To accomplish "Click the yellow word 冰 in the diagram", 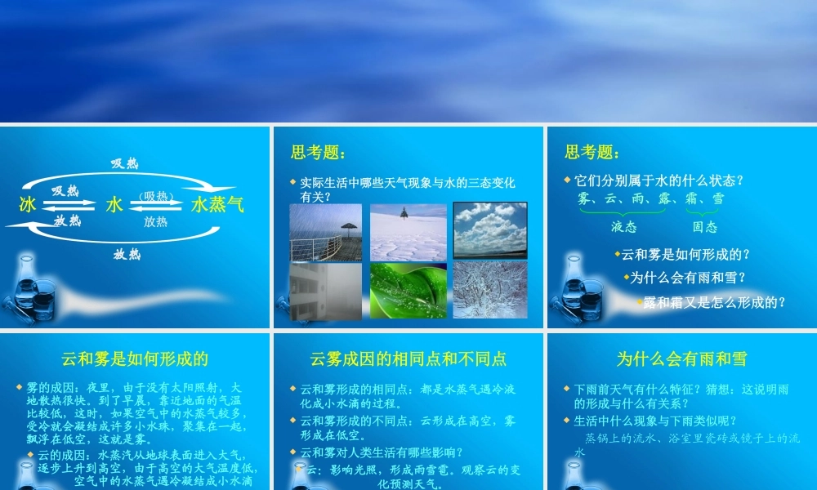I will (27, 205).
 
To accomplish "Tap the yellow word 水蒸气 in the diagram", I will (217, 205).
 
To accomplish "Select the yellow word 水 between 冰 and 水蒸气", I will (114, 205).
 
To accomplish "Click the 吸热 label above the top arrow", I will (125, 163).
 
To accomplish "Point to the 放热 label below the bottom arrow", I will (127, 254).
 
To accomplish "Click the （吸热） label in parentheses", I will (155, 196).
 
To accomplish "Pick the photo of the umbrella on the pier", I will (325, 232).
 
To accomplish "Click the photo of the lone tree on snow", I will (408, 232).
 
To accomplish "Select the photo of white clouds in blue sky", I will (490, 230).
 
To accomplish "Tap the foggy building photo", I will (325, 291).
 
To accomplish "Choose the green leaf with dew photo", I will (408, 291).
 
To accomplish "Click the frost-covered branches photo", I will (490, 290).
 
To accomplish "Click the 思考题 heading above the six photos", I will (318, 153).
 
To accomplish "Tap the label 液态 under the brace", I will (623, 226).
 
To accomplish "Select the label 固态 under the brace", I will (704, 226).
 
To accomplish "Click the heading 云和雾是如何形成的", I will (135, 359).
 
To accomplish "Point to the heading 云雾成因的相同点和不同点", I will (408, 359).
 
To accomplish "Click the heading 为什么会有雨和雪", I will (681, 359).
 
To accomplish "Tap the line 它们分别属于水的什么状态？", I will (659, 180).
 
